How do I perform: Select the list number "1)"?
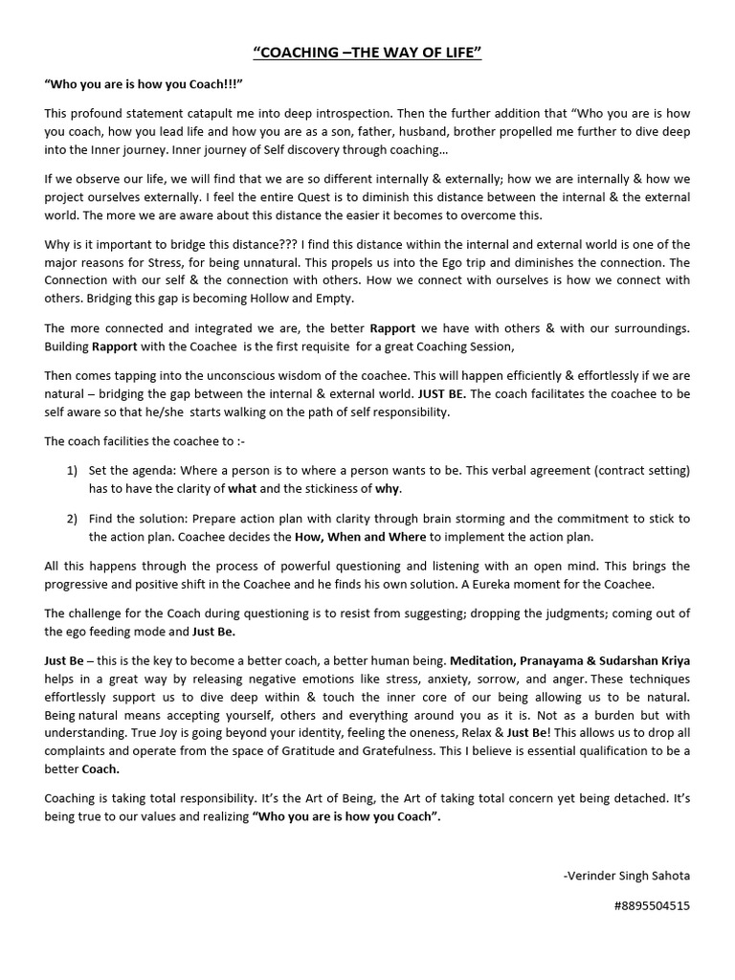73,472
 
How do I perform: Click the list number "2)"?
73,519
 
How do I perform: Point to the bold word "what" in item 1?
242,489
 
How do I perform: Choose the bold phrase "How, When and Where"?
350,536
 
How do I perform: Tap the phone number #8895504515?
648,904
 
